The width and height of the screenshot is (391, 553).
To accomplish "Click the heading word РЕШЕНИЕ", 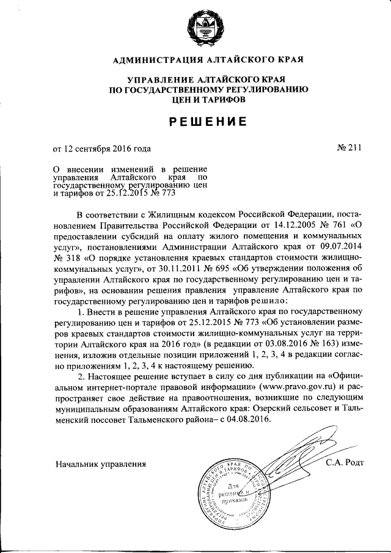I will [208, 122].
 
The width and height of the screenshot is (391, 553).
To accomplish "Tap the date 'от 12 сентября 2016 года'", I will [101, 148].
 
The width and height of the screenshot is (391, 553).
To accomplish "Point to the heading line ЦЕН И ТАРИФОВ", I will [208, 98].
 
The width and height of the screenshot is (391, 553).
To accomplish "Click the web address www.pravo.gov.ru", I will [296, 388].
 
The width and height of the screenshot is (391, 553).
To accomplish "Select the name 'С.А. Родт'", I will [345, 462].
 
